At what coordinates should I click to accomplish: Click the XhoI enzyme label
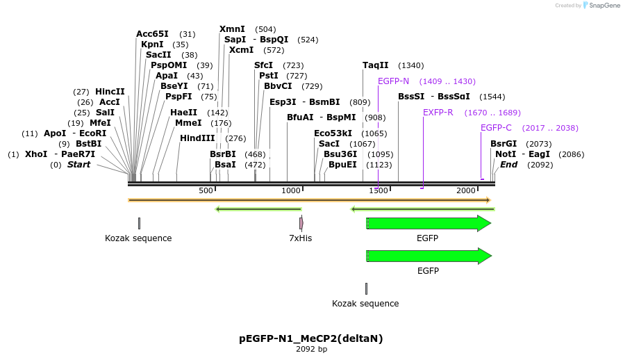[36, 154]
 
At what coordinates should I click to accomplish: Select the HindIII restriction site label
[197, 138]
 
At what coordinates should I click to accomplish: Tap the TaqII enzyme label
[375, 65]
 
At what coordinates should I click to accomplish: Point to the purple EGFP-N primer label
[393, 81]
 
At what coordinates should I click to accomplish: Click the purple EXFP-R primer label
[438, 113]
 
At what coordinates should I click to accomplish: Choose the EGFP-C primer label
[496, 128]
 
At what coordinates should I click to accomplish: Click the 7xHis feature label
[301, 238]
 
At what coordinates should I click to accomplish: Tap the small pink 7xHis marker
[301, 223]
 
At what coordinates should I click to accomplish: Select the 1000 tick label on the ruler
[291, 190]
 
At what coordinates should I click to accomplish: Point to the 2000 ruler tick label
[465, 190]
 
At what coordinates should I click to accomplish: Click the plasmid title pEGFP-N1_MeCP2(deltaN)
[311, 338]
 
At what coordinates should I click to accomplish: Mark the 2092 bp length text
[311, 349]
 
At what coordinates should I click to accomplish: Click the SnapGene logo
[601, 6]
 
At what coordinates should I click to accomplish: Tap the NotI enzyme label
[505, 154]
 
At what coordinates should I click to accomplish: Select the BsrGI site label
[504, 144]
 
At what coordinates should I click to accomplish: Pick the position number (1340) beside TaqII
[410, 65]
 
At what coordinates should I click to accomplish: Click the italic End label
[508, 165]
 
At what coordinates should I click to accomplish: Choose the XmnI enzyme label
[232, 29]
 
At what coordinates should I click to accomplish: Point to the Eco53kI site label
[333, 133]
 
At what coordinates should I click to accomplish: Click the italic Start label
[78, 165]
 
